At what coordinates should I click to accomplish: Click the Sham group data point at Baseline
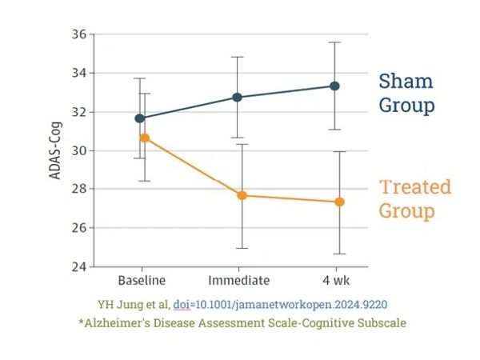point(141,118)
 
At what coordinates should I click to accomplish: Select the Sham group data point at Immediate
point(238,97)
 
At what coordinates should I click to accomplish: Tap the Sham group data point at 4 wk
point(335,86)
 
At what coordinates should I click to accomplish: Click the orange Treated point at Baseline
point(144,138)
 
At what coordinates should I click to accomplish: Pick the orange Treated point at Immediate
point(241,195)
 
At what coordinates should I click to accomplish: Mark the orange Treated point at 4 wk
point(338,202)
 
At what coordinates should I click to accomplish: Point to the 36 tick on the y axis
point(78,34)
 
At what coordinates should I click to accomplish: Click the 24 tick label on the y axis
point(78,266)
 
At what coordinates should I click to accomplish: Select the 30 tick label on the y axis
point(78,150)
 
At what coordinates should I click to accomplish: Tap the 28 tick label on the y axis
point(78,189)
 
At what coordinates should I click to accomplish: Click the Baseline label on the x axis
point(142,282)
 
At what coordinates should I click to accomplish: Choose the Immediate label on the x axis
point(239,282)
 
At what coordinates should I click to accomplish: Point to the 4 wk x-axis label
point(337,282)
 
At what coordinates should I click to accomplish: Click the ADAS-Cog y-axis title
point(56,150)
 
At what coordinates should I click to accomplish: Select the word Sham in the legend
point(406,81)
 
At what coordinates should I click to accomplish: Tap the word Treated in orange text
point(414,187)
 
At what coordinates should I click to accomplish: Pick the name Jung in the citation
point(126,304)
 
